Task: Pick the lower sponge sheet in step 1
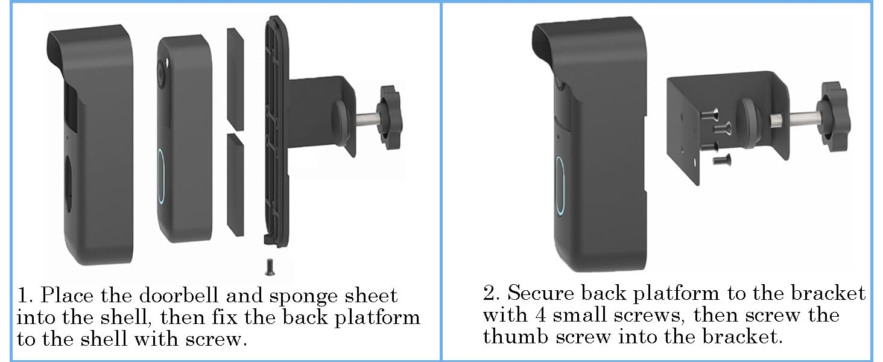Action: point(235,183)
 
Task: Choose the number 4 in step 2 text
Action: point(542,314)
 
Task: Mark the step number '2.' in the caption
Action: point(491,294)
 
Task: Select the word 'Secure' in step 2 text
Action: point(539,294)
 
